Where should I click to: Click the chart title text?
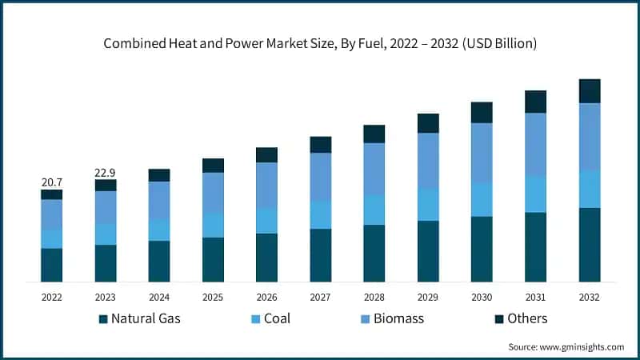[320, 43]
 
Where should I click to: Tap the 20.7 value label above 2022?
[52, 182]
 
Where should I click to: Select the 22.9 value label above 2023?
[106, 172]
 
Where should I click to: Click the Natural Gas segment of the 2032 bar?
[590, 245]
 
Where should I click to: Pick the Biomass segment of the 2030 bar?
[482, 153]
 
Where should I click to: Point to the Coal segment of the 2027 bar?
[321, 214]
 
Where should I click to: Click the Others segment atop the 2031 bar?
[535, 102]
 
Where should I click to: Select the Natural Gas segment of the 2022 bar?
[52, 265]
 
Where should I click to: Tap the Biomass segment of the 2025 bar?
[214, 193]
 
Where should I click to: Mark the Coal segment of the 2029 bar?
[428, 205]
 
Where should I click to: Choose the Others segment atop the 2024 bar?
[159, 175]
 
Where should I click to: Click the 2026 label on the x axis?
[266, 296]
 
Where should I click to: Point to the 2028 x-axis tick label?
[374, 296]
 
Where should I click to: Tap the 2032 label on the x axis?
[590, 296]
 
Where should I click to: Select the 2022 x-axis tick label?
[52, 296]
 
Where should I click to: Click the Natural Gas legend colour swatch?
[103, 319]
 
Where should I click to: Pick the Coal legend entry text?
[277, 318]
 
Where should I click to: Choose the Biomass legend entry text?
[396, 318]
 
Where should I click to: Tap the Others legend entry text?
[527, 318]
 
